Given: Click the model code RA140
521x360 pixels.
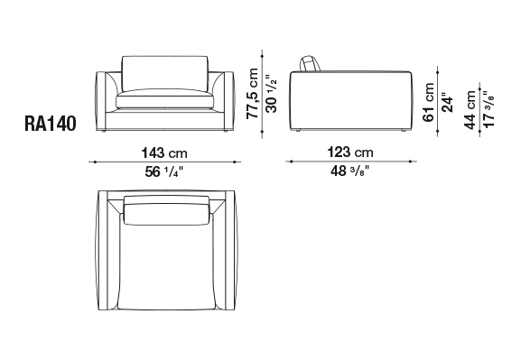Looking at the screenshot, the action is coord(51,124).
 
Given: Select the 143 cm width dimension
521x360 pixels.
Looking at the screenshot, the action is coord(164,153).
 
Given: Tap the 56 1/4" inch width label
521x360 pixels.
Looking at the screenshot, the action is coord(164,171).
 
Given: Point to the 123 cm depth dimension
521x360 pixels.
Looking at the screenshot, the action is coord(350,152).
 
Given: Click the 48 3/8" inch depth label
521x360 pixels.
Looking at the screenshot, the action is coord(349,171).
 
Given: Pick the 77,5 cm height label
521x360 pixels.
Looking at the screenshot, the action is coord(253,93).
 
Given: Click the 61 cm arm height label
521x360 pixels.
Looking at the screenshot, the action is coord(429,102).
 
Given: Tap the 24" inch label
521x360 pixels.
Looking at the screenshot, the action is coord(447,105).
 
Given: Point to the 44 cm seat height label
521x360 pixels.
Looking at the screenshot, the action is coord(470,110).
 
